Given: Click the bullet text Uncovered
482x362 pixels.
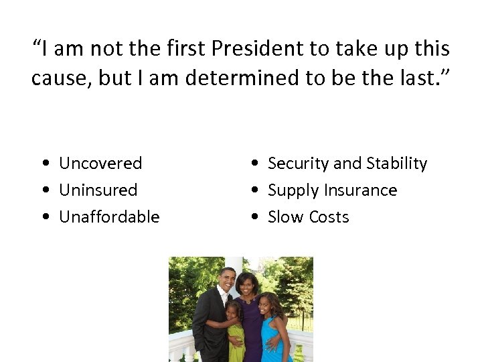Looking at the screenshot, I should coord(100,164).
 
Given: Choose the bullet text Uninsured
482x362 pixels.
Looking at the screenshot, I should coord(98,190).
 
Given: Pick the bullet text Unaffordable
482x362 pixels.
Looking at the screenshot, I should coord(109,217).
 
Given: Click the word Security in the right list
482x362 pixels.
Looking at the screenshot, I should coord(298,164).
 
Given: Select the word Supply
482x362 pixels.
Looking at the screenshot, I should coord(289,190).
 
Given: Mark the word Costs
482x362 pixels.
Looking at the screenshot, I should coord(327,217).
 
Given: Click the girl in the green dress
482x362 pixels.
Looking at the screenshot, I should coord(235,332).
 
